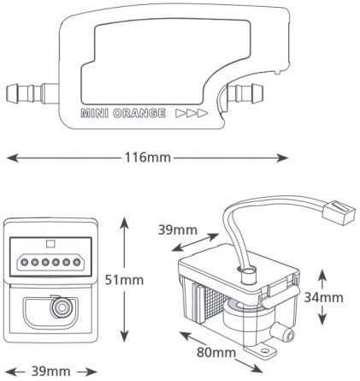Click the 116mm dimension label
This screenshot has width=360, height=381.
coord(148,158)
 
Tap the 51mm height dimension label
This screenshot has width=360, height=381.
coord(124,280)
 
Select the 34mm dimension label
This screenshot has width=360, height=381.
coord(323,298)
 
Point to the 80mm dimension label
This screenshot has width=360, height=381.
coord(216,353)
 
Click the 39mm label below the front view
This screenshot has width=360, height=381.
coord(50,372)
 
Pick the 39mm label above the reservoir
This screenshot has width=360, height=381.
coord(178,230)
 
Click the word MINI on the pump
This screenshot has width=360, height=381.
coord(95,113)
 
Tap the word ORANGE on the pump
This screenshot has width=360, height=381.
coord(139,113)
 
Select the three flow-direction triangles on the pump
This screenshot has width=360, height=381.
coord(192,113)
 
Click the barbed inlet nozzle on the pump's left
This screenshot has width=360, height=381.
coord(32,93)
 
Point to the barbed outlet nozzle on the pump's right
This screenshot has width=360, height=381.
coord(245,92)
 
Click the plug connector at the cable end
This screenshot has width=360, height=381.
coord(339,213)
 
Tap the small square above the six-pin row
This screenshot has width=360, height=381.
coord(50,244)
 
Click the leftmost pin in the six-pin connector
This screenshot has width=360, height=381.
coord(25,262)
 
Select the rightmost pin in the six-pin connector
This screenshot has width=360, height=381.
coord(76,262)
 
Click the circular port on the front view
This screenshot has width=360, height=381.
coord(62,307)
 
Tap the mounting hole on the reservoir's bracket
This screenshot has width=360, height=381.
coord(266,349)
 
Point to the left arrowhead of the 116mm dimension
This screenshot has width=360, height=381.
coord(13,158)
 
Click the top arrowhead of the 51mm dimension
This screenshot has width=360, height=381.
coord(124,223)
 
